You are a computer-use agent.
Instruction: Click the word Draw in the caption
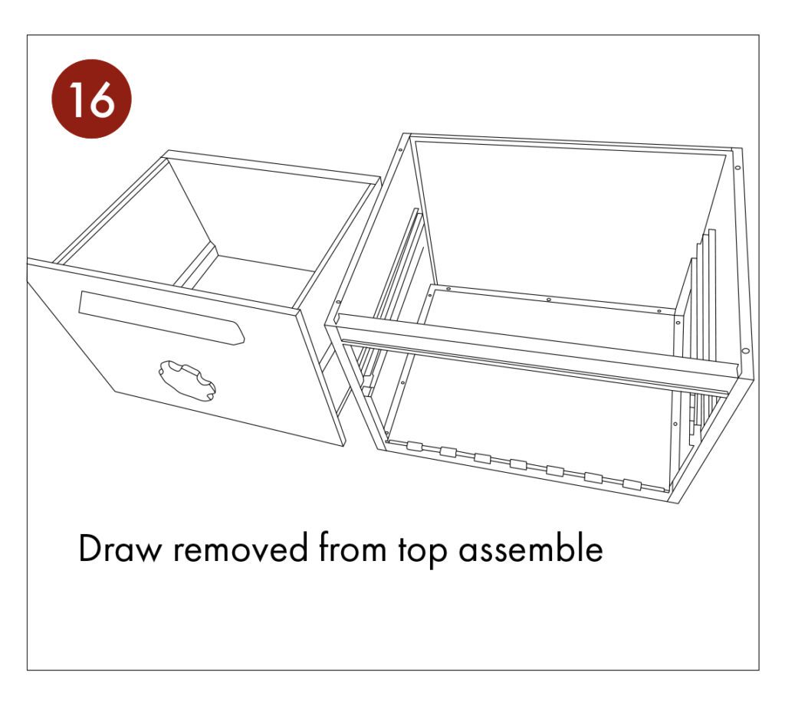(120, 549)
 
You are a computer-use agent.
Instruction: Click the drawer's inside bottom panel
(253, 272)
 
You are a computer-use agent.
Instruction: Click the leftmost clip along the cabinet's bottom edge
(415, 447)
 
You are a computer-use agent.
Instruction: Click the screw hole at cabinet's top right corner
(737, 167)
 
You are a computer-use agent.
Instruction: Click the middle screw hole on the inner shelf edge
(549, 300)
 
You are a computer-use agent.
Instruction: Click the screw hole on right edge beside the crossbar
(743, 352)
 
